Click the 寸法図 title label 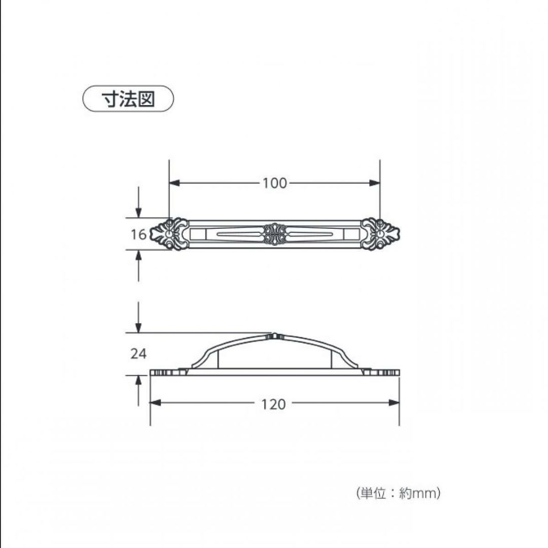(x=128, y=99)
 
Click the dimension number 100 (x=275, y=183)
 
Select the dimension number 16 (x=139, y=234)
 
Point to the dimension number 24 (x=139, y=354)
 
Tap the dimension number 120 (x=273, y=404)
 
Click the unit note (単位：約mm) (x=398, y=493)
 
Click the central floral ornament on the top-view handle (x=275, y=234)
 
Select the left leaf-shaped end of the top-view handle (x=169, y=234)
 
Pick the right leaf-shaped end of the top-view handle (x=380, y=234)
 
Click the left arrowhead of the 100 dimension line (x=174, y=183)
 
